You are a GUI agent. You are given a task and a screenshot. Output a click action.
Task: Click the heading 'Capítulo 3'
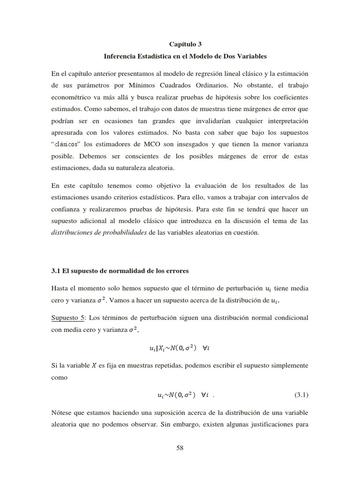click(x=180, y=44)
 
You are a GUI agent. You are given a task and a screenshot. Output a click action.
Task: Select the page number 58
click(x=180, y=448)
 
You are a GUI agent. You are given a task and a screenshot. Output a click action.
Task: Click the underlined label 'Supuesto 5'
click(x=67, y=317)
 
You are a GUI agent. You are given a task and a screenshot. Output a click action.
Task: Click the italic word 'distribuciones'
click(x=72, y=232)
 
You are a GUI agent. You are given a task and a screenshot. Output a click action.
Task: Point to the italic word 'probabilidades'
click(x=124, y=232)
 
